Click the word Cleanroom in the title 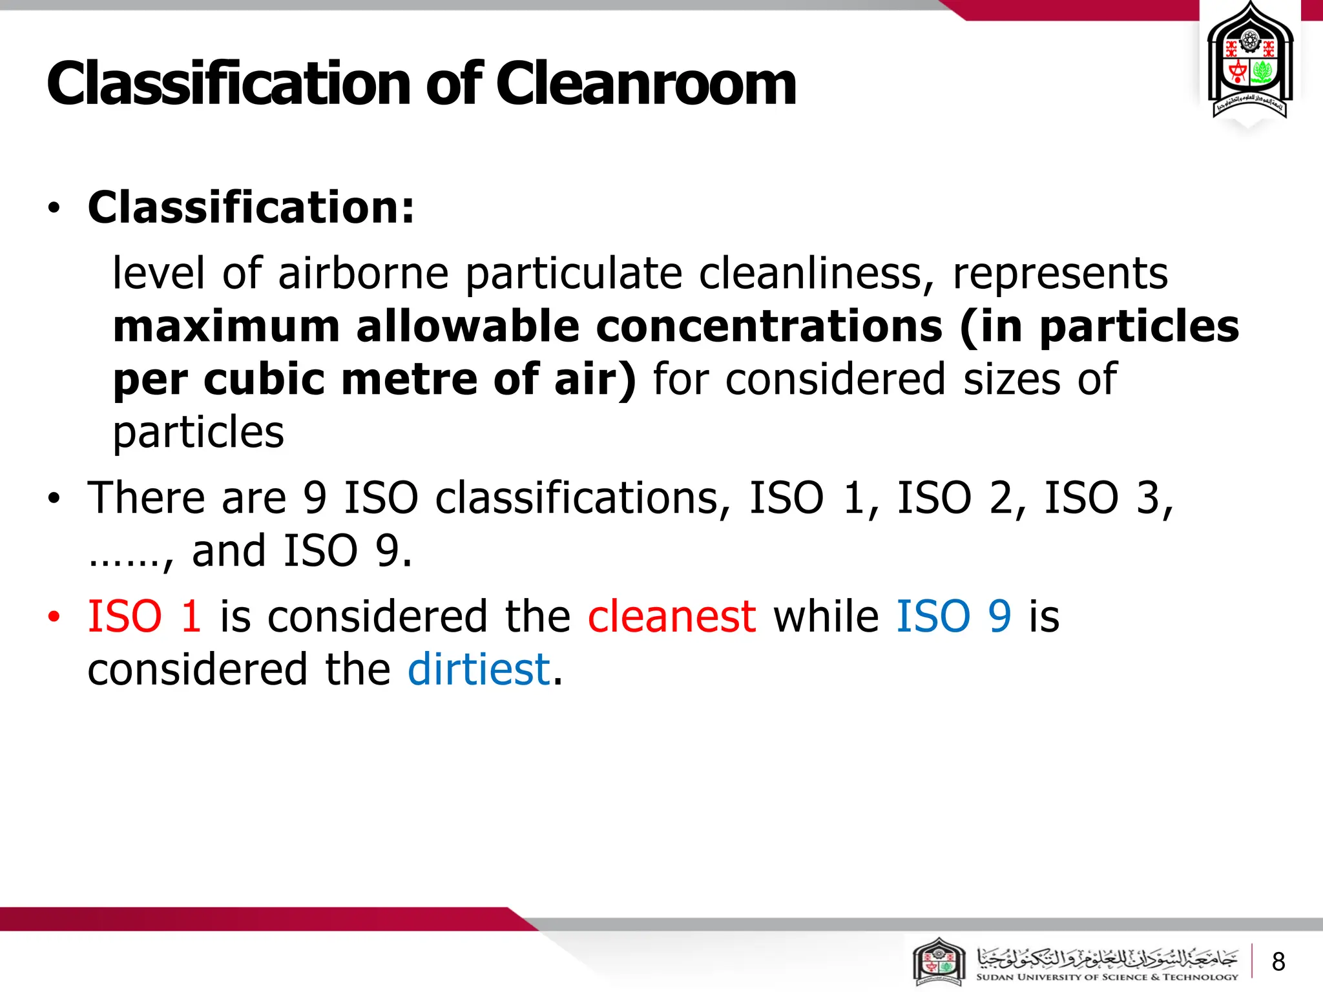646,84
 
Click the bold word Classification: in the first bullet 251,207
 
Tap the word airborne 363,273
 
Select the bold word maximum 226,326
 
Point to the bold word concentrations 769,326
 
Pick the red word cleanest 671,616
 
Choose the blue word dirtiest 479,669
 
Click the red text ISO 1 144,616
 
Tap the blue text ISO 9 953,616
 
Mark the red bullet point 54,617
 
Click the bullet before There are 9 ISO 54,499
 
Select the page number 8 1278,962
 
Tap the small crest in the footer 939,962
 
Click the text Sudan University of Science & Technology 1107,977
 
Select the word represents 1060,273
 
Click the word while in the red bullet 826,616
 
